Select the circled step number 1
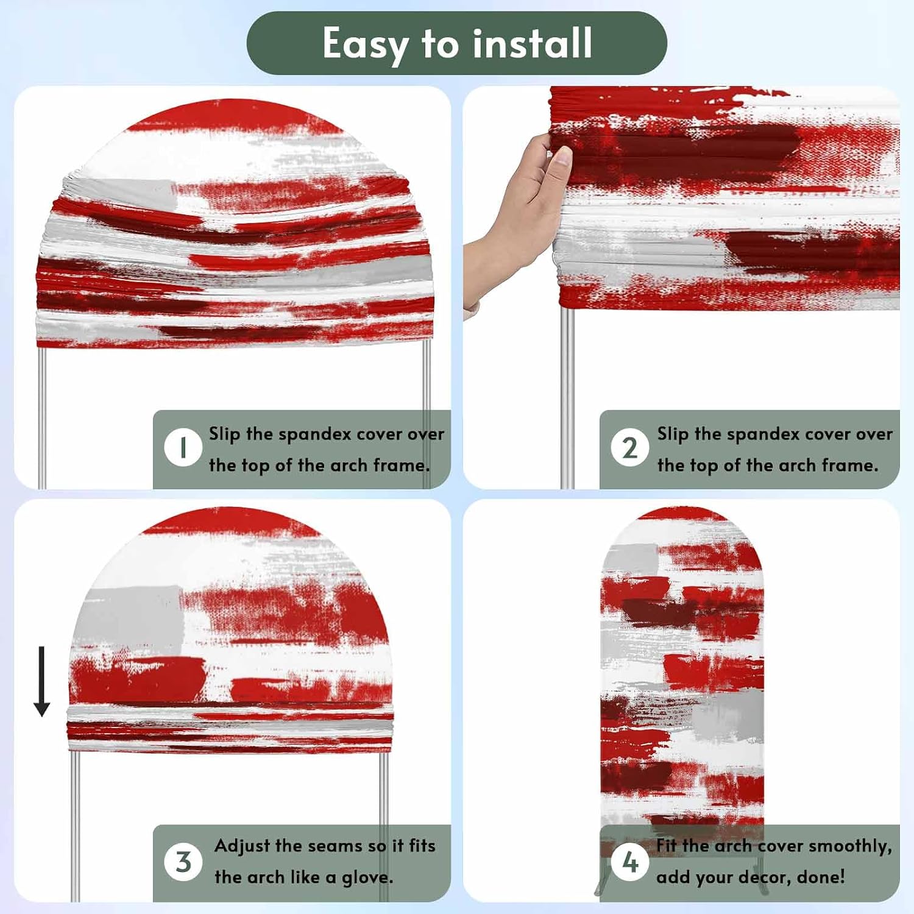pos(183,448)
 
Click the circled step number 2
pos(629,448)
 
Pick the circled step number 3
pos(183,862)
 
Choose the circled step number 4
pos(629,862)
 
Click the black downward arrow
pos(41,681)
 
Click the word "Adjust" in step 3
pos(242,846)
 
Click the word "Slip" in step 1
pos(225,434)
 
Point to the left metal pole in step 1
pos(42,417)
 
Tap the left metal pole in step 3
pos(75,826)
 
